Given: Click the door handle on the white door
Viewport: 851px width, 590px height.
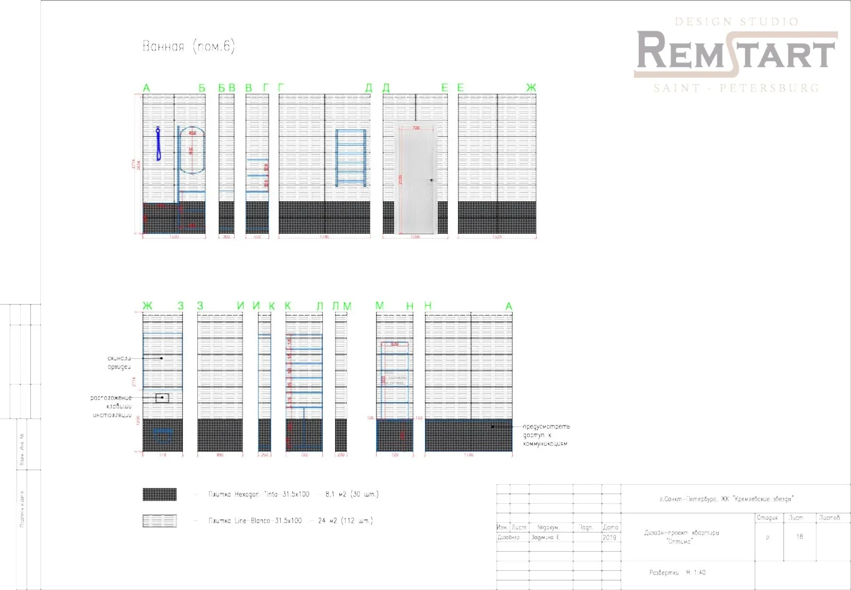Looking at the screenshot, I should click(431, 180).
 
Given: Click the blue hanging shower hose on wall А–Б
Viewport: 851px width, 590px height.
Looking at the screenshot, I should click(158, 144).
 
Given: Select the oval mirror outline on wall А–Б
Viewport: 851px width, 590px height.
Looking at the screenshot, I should click(191, 150).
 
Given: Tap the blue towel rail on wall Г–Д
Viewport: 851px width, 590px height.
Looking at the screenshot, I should click(351, 157).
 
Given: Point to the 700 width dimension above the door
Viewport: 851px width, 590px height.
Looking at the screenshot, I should click(416, 128).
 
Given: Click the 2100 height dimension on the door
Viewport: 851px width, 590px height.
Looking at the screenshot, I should click(401, 179).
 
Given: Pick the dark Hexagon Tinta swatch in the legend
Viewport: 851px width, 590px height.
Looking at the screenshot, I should click(160, 494).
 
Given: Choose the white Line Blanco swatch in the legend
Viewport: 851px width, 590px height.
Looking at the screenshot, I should click(160, 520).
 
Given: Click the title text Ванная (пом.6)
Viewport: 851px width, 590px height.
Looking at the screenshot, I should click(188, 46).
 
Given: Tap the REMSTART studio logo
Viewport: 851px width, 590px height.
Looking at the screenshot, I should click(736, 54).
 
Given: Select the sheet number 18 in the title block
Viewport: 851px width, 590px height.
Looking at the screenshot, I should click(799, 537).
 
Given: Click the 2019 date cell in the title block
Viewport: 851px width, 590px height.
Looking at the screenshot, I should click(610, 538).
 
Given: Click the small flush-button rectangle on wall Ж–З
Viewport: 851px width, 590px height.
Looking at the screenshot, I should click(162, 397).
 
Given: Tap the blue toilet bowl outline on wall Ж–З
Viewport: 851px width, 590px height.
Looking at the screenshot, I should click(163, 435).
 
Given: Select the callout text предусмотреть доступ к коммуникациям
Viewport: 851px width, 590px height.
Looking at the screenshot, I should click(546, 435).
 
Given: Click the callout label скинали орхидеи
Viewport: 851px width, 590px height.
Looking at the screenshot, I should click(119, 363).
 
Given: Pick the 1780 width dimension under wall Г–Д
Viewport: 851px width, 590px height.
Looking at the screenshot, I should click(324, 237).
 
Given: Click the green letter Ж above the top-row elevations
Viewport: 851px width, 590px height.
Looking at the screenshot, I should click(531, 88).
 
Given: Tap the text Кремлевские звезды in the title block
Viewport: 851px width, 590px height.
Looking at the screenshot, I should click(763, 499).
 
